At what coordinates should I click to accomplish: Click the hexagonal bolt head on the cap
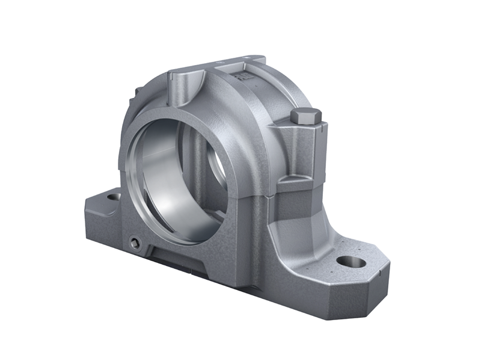(x=306, y=116)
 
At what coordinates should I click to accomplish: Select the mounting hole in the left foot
(x=112, y=196)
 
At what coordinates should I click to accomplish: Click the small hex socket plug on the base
(x=135, y=242)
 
